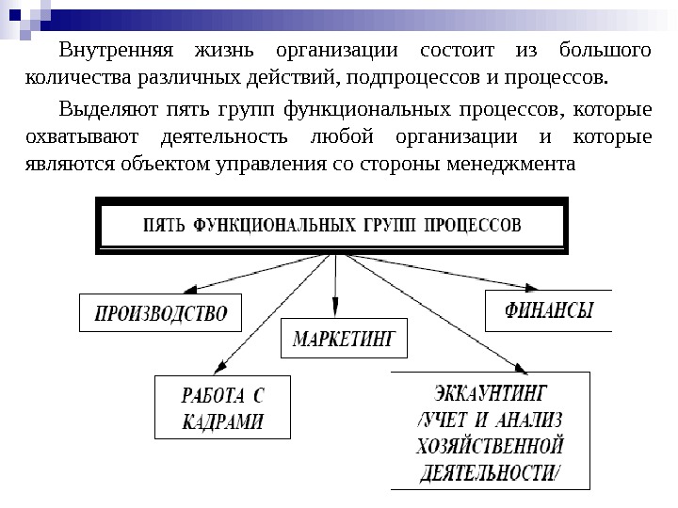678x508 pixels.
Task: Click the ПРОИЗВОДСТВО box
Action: click(159, 312)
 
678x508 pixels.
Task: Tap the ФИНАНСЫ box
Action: click(547, 310)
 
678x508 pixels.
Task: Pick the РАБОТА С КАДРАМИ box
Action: click(222, 407)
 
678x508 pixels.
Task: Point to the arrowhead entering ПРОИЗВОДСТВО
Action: click(191, 289)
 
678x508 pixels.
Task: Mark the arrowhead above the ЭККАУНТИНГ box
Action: click(517, 367)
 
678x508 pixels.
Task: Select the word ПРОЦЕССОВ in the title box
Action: click(471, 226)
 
